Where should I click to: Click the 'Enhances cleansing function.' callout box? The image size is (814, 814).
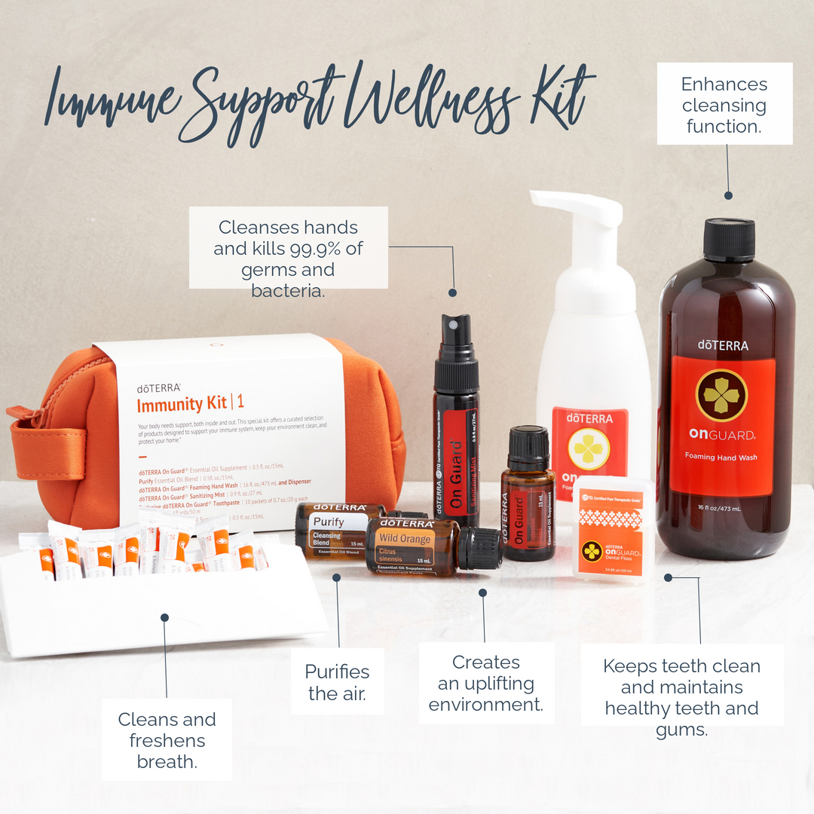[724, 104]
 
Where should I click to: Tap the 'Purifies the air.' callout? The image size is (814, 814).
[337, 681]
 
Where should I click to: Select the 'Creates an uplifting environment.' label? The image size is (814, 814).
[486, 683]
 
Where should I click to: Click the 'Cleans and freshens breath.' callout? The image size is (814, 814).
[167, 739]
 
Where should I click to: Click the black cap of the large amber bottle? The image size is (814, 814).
[729, 240]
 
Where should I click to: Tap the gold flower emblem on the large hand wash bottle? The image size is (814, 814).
[721, 395]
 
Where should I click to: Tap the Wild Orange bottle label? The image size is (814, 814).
[405, 549]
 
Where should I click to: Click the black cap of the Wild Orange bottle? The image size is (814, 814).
[479, 548]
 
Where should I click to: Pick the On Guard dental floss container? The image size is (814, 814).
[612, 529]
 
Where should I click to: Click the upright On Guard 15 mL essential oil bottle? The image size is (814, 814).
[528, 497]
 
